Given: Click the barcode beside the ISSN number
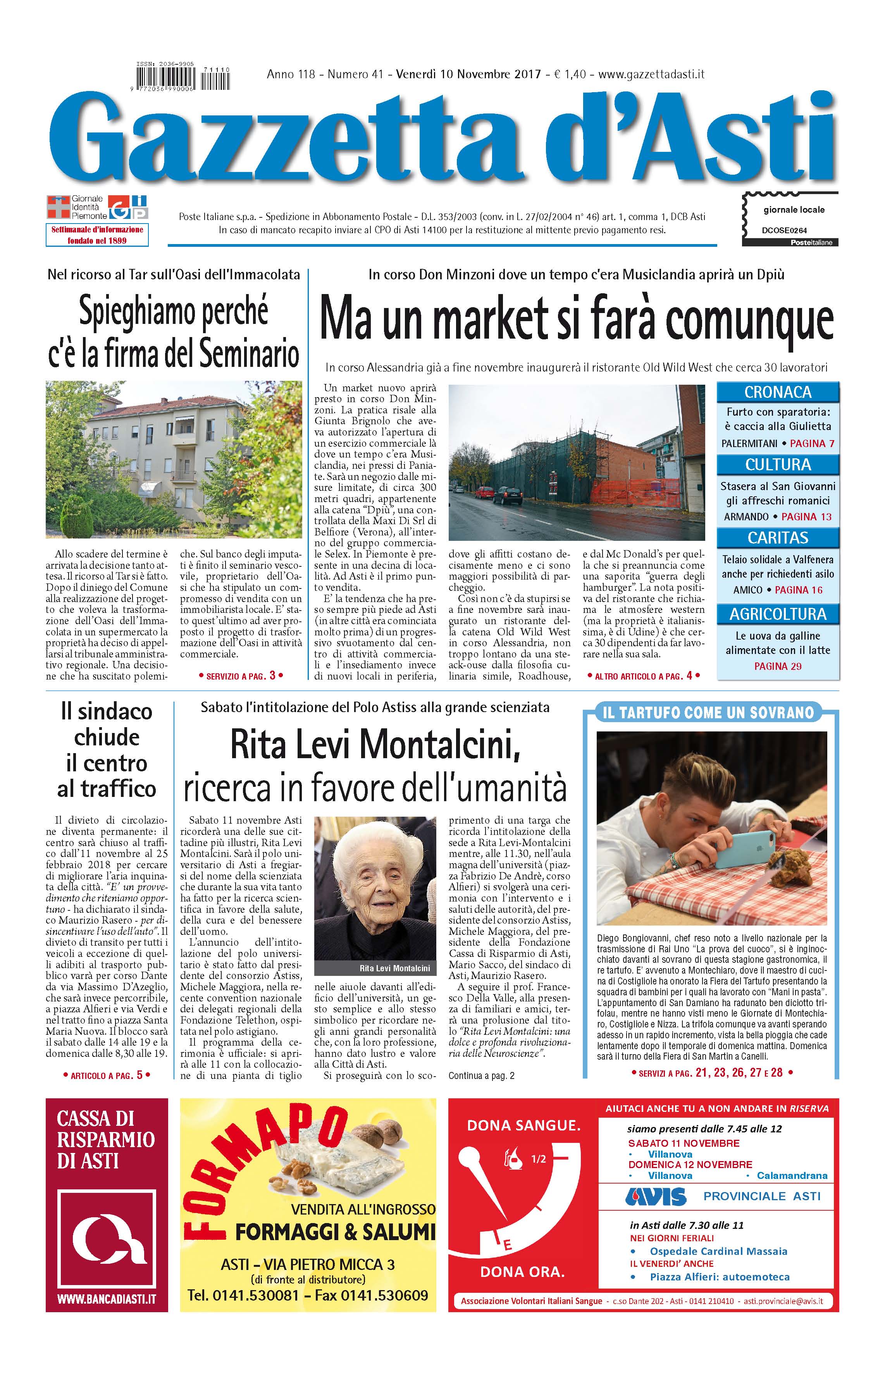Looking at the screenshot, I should [183, 77].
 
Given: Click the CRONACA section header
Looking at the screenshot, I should [778, 392].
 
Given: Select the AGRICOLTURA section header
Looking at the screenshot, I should [778, 614].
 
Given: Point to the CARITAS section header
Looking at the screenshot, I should [778, 538].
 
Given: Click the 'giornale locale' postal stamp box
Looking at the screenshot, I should [790, 219].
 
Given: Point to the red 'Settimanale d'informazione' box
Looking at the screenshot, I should [97, 235].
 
